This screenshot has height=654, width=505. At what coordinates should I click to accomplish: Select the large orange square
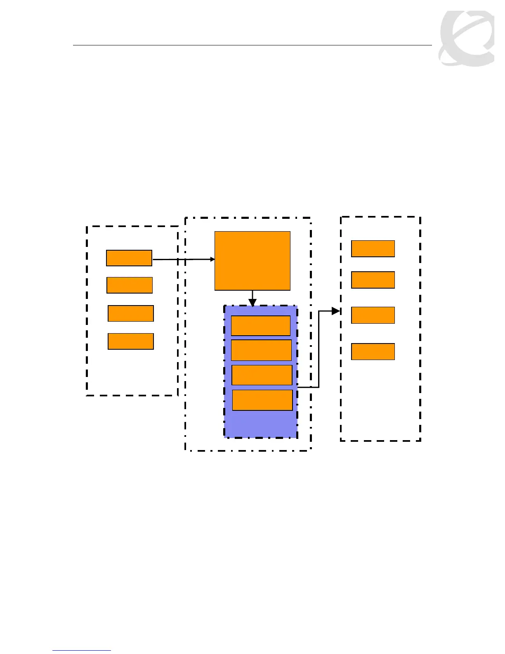tap(252, 261)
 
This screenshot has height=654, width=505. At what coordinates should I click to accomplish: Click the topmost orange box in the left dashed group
tap(129, 258)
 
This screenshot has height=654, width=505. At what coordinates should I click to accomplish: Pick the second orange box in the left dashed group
tap(130, 285)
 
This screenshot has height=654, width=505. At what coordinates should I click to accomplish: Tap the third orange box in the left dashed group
tap(131, 313)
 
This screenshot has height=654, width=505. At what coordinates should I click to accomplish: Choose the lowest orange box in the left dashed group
tap(131, 341)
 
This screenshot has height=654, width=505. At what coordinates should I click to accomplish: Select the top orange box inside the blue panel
tap(261, 326)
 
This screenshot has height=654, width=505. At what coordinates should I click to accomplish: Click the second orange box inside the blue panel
tap(262, 350)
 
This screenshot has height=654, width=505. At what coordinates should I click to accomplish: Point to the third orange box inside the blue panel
tap(262, 375)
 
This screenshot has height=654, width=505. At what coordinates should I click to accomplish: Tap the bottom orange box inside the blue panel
tap(262, 400)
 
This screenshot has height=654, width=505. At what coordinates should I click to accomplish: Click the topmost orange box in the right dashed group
tap(373, 249)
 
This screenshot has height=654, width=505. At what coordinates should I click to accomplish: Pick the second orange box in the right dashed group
tap(373, 280)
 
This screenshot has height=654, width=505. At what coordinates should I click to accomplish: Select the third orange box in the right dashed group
tap(373, 315)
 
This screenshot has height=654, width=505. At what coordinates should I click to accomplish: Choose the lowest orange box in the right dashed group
tap(373, 352)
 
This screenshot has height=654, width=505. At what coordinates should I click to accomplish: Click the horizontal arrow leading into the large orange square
tap(184, 259)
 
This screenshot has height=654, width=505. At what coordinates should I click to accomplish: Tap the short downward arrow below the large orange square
tap(252, 299)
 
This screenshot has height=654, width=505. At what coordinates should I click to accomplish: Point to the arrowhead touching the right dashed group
tap(336, 311)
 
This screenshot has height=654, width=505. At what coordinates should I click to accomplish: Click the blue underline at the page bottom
tap(82, 651)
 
